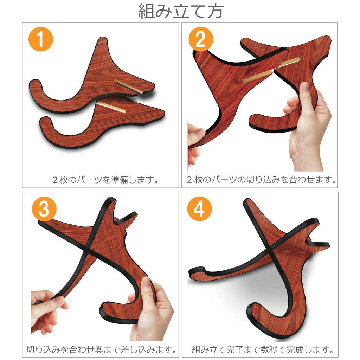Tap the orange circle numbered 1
[x=41, y=40]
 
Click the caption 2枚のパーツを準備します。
[x=105, y=180]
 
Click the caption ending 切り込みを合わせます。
[x=261, y=180]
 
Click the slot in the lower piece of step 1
[x=111, y=107]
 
